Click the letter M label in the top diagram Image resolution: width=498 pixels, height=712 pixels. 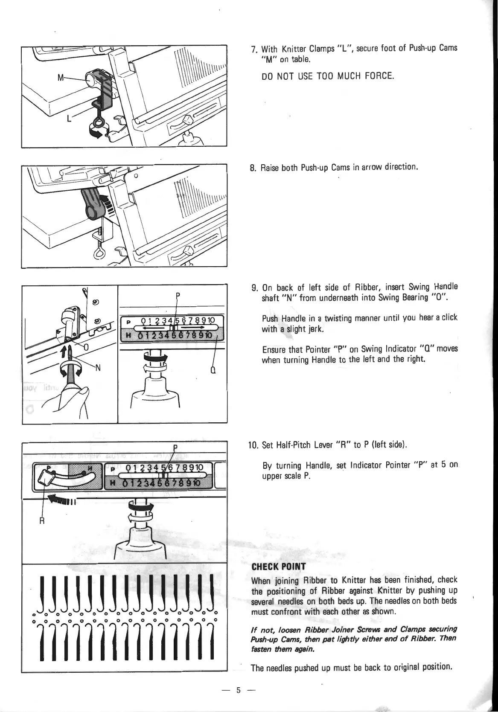[61, 78]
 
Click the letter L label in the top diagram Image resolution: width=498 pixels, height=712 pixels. [69, 119]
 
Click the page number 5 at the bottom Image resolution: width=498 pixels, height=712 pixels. [239, 690]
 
